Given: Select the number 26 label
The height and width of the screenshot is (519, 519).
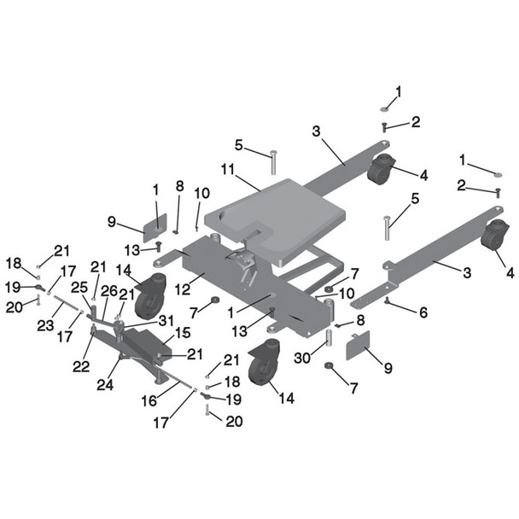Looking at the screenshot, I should (x=109, y=291).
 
